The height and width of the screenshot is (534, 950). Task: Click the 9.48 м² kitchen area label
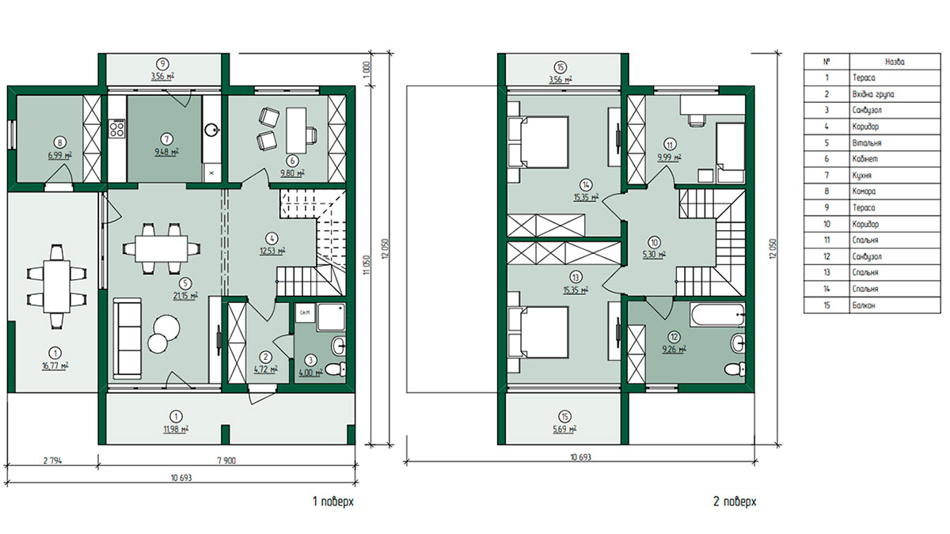[166, 152]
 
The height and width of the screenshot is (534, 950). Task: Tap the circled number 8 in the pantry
[60, 143]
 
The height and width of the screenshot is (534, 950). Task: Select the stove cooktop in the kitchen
[117, 128]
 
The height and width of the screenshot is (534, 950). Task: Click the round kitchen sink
[211, 129]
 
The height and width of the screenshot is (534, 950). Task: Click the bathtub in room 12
[717, 315]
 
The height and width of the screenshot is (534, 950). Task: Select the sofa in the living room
[127, 339]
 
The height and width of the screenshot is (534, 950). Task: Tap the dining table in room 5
[161, 248]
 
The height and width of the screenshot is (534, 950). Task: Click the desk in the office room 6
[296, 131]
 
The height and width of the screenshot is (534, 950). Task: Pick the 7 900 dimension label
[226, 460]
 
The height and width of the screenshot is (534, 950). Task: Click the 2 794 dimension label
[52, 460]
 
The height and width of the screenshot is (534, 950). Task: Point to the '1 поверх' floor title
[333, 502]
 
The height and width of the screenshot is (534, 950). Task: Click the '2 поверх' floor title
[735, 502]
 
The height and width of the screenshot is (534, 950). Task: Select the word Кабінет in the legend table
[865, 159]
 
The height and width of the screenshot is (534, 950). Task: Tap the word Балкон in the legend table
[864, 305]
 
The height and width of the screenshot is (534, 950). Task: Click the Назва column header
[895, 62]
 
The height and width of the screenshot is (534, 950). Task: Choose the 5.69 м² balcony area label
[564, 429]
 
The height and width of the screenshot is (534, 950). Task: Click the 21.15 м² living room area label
[185, 295]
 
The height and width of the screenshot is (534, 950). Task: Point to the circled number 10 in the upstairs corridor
[654, 242]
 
